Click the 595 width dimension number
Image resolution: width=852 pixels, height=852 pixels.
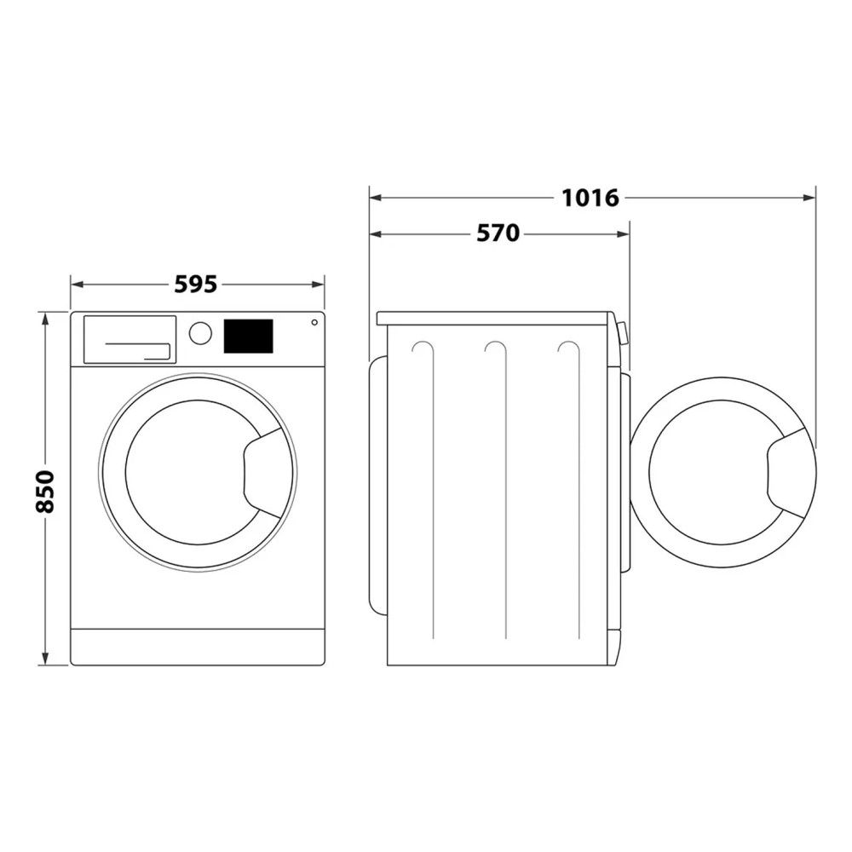pyautogui.click(x=196, y=284)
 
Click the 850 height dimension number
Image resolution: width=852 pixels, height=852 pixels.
pyautogui.click(x=44, y=491)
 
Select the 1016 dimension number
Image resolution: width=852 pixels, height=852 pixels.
pyautogui.click(x=590, y=198)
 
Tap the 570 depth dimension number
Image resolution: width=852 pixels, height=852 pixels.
pyautogui.click(x=498, y=233)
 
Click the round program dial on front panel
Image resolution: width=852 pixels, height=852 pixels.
pyautogui.click(x=200, y=333)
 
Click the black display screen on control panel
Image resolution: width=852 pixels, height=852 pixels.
pyautogui.click(x=248, y=337)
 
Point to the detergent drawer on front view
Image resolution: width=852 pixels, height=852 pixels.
pyautogui.click(x=130, y=339)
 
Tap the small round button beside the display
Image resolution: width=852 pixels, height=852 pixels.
pyautogui.click(x=314, y=322)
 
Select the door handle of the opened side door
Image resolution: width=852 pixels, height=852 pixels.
pyautogui.click(x=788, y=474)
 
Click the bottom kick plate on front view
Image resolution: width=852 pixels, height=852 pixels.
pyautogui.click(x=197, y=648)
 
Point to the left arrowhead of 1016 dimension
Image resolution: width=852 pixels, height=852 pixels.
pyautogui.click(x=374, y=198)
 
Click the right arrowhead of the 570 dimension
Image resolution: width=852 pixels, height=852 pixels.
pyautogui.click(x=624, y=233)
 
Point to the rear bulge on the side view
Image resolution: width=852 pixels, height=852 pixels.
pyautogui.click(x=376, y=486)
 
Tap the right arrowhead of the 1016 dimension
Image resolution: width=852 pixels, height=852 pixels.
pyautogui.click(x=810, y=198)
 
